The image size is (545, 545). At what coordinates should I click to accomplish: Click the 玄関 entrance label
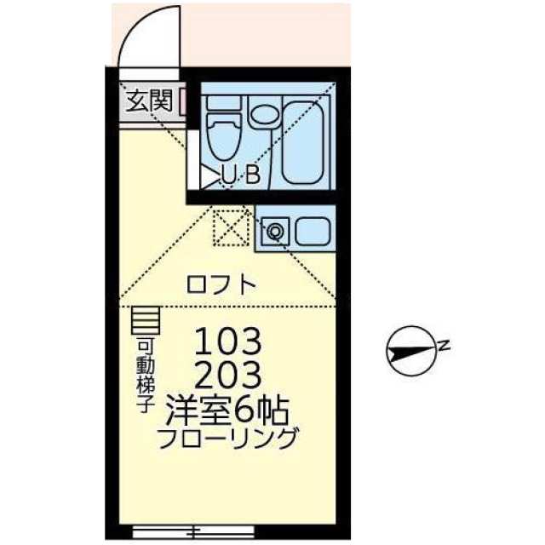150,100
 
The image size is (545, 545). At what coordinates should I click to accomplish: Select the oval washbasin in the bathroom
265,114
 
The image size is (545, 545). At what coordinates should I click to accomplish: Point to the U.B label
241,175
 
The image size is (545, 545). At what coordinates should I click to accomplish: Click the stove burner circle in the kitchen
274,231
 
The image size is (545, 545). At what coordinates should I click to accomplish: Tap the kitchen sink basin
313,231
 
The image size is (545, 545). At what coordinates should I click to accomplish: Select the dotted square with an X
231,228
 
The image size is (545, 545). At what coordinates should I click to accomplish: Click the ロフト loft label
221,284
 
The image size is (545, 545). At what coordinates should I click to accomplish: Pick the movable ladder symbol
146,320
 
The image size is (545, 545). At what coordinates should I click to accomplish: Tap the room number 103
227,341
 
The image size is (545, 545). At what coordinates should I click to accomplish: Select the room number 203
227,375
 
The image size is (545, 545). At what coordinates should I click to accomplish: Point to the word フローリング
227,438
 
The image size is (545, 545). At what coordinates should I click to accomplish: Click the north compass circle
411,351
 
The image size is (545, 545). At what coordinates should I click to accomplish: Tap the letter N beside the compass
444,346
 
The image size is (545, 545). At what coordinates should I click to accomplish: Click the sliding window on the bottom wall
193,531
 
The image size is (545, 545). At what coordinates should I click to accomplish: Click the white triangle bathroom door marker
210,176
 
